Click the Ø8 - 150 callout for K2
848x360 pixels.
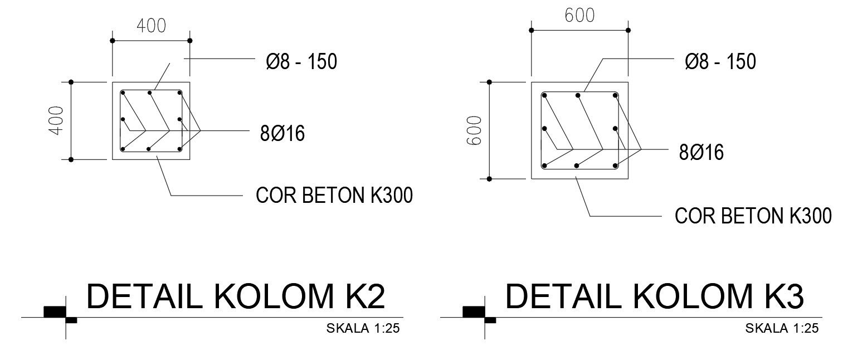(x=301, y=62)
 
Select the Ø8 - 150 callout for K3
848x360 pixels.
(x=720, y=62)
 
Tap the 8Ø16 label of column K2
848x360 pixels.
(x=282, y=133)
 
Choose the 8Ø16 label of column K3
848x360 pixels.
(x=701, y=152)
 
